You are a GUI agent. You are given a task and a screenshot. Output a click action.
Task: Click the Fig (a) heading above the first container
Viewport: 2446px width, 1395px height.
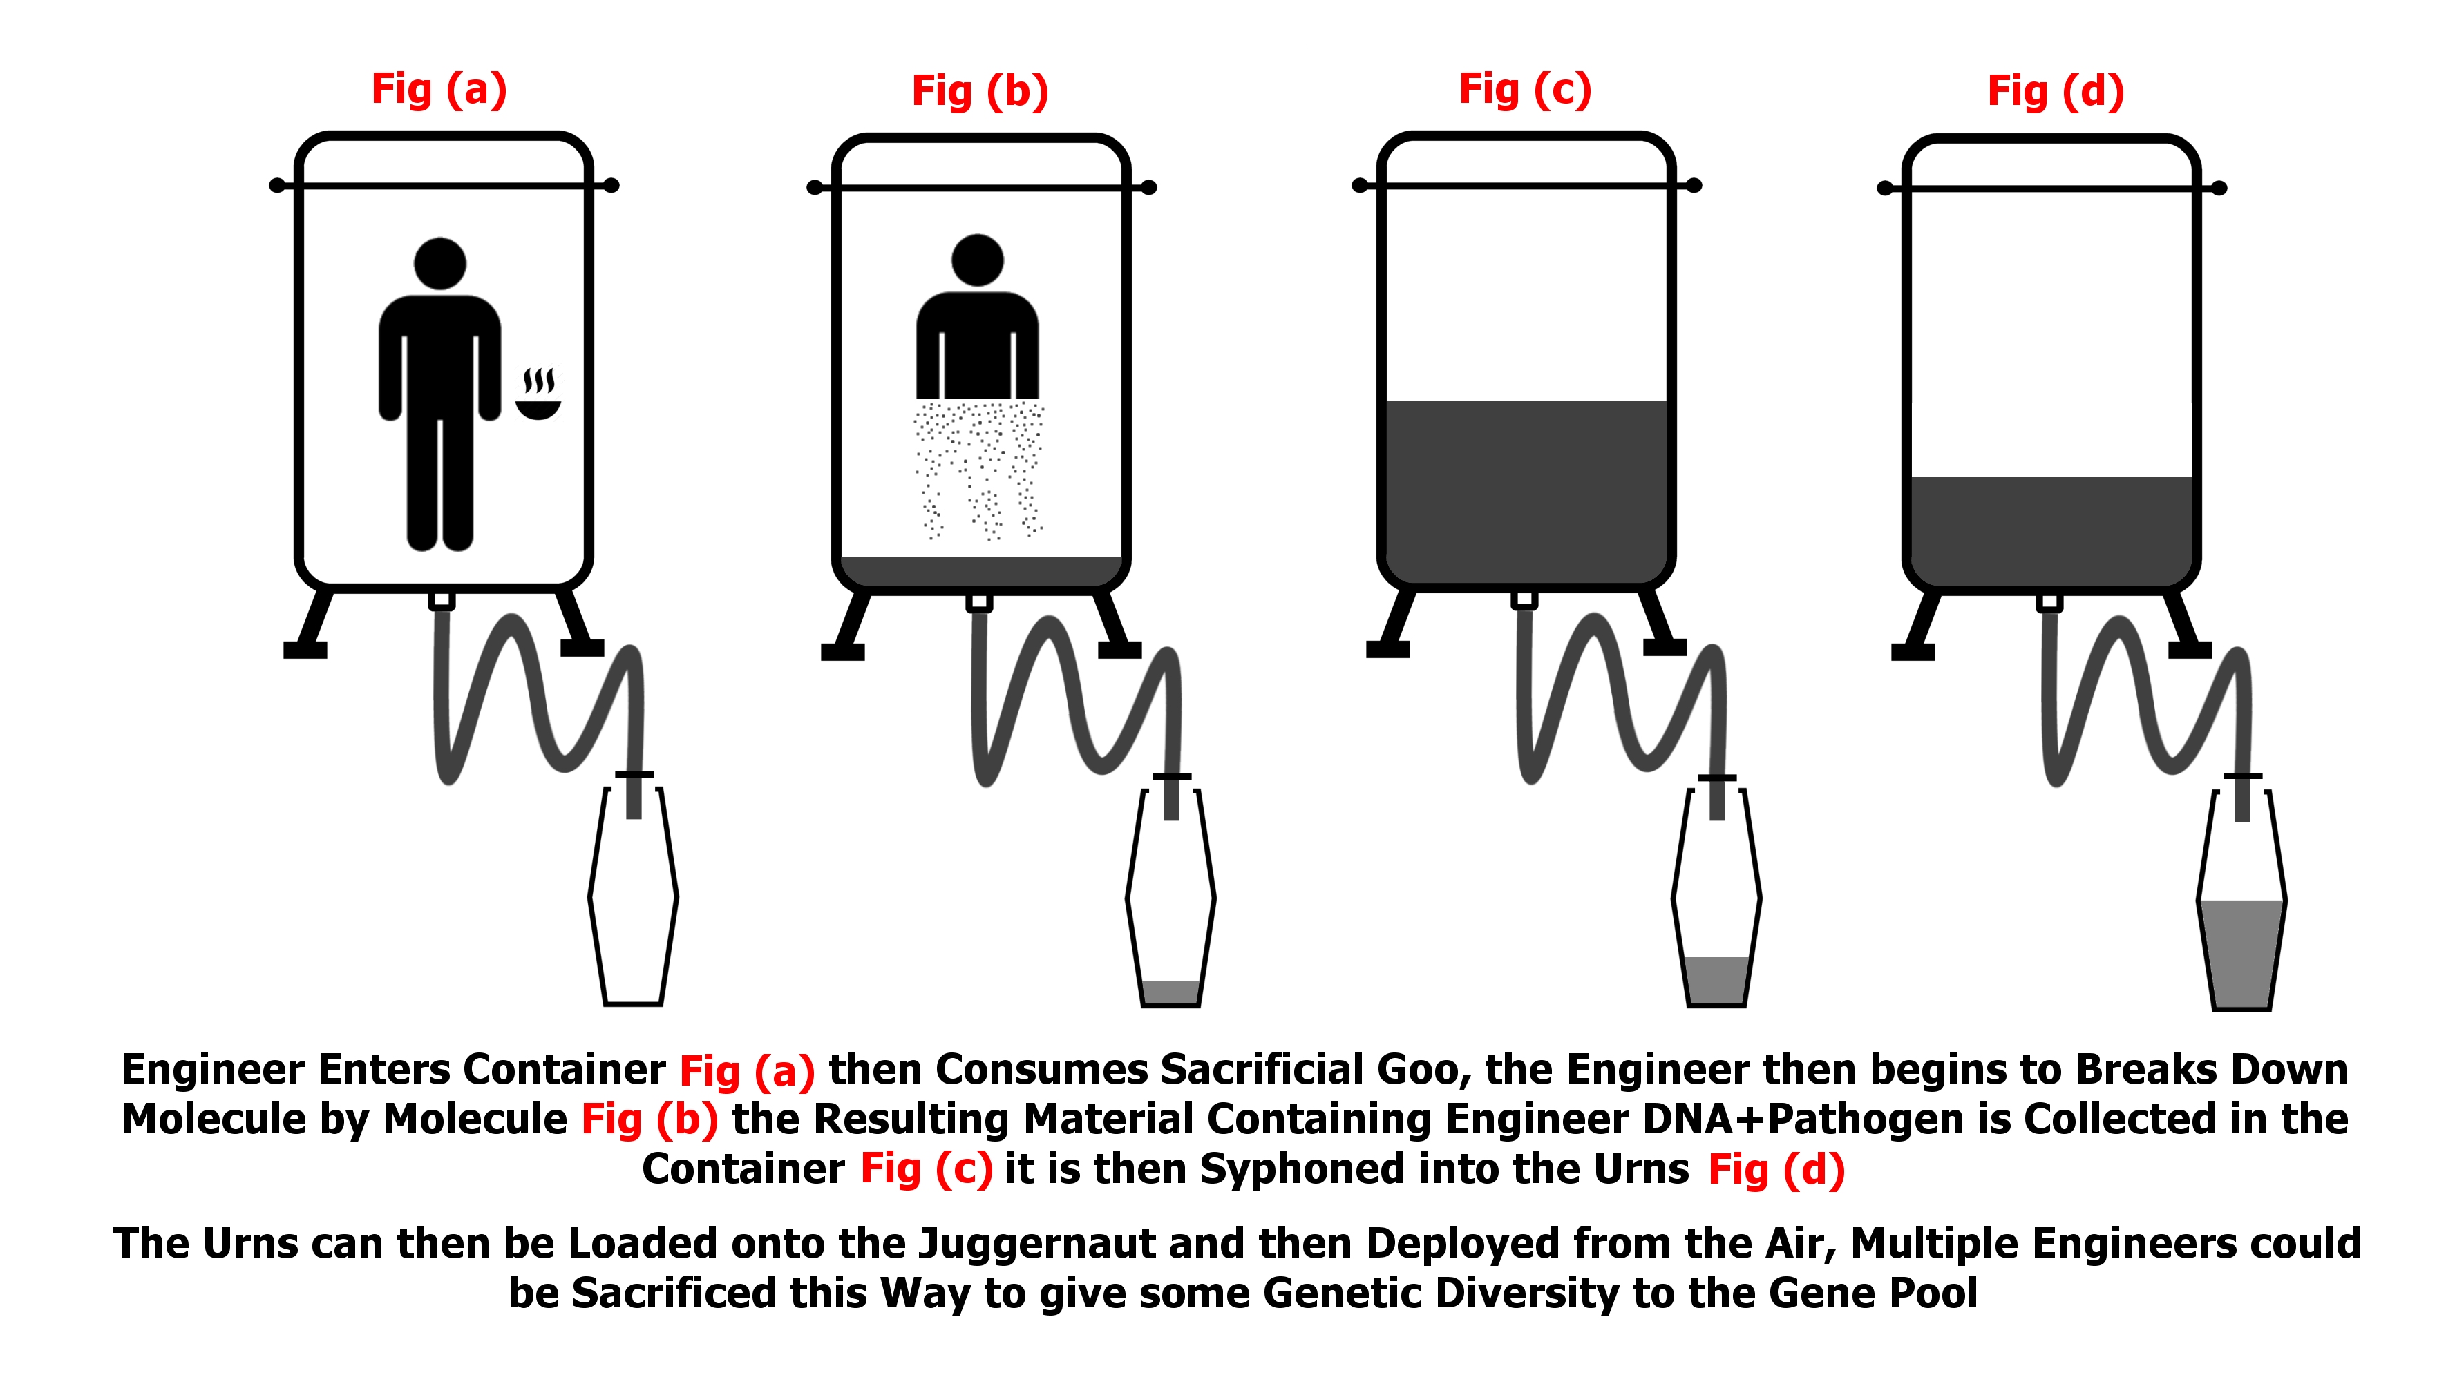pyautogui.click(x=439, y=89)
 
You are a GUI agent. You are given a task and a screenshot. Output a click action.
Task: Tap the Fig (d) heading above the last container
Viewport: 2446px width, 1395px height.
pyautogui.click(x=2055, y=91)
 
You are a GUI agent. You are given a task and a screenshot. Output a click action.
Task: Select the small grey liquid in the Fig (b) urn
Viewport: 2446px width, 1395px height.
pyautogui.click(x=1170, y=992)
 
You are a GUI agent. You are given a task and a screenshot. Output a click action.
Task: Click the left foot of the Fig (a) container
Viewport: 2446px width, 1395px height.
pyautogui.click(x=305, y=648)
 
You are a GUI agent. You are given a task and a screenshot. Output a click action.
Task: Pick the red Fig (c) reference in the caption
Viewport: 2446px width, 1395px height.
pyautogui.click(x=925, y=1169)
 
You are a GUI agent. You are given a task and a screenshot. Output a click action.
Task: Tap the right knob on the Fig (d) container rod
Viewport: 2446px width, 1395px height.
pyautogui.click(x=2219, y=189)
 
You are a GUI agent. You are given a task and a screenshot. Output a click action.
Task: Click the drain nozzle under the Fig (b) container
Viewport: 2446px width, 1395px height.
pyautogui.click(x=978, y=602)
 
